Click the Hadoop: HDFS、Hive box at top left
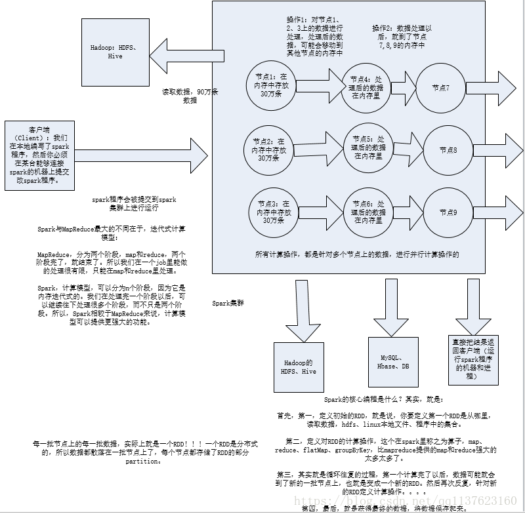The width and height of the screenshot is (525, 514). pyautogui.click(x=115, y=52)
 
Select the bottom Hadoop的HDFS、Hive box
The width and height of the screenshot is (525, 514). pyautogui.click(x=299, y=367)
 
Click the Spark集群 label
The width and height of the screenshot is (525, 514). pyautogui.click(x=229, y=303)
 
